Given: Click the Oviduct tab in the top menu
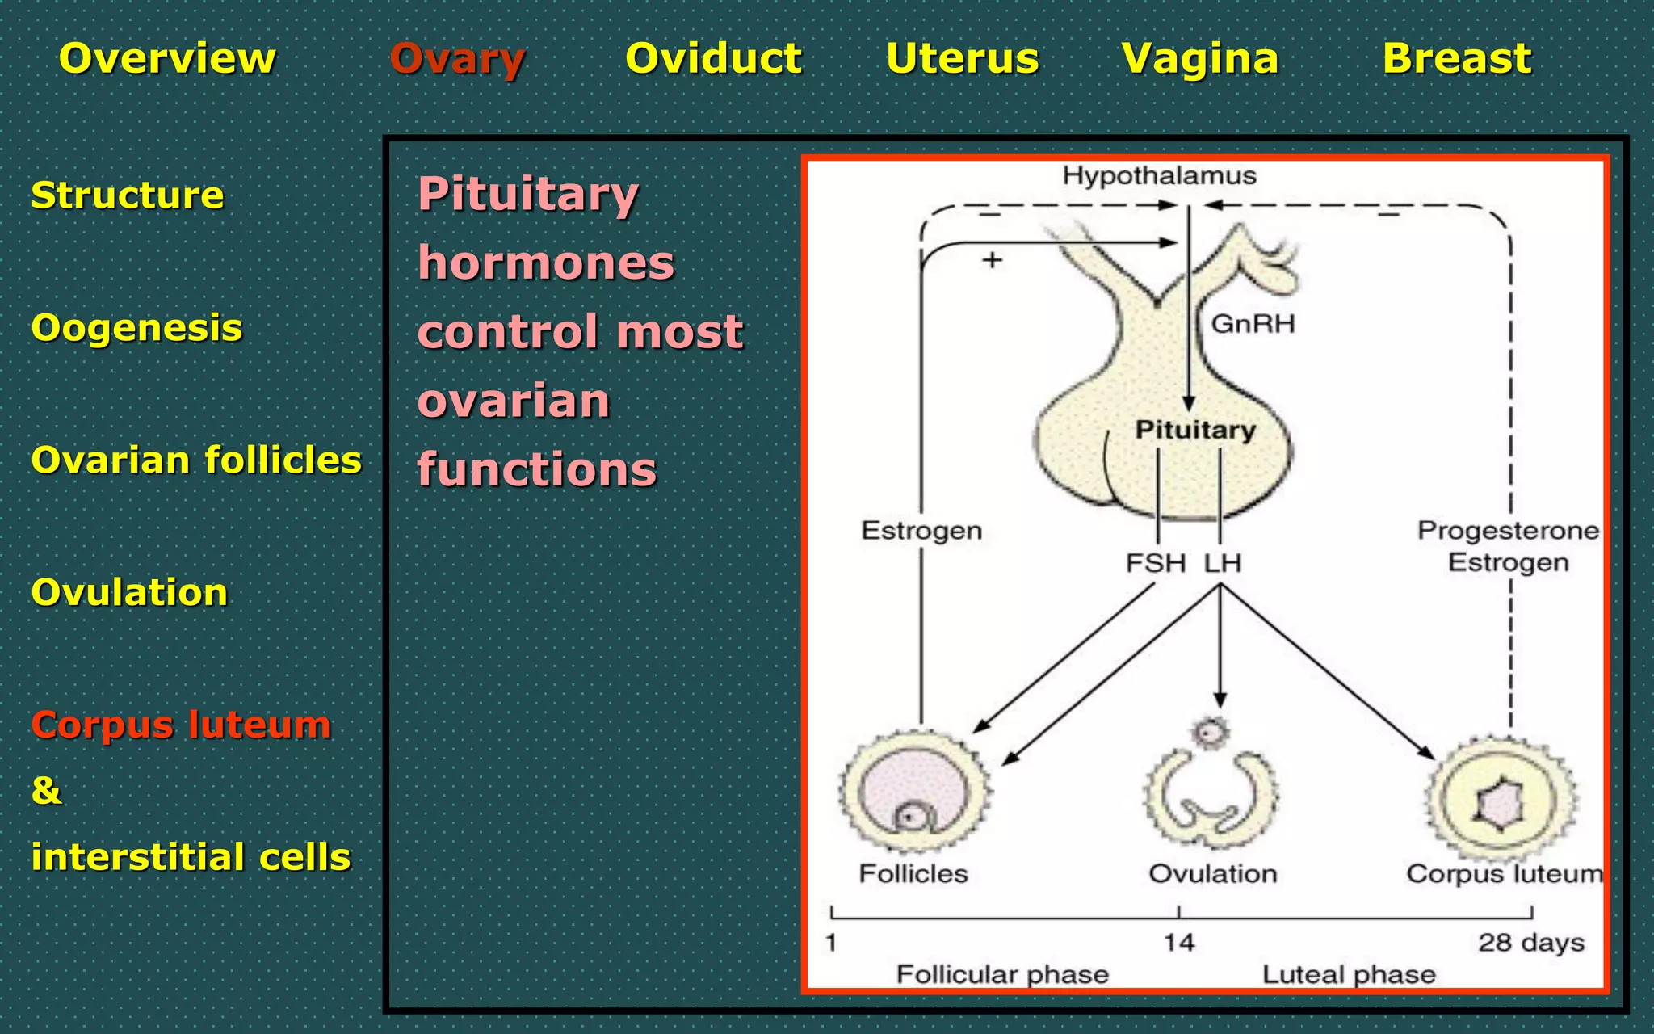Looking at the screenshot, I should [x=713, y=59].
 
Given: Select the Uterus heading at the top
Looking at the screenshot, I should [x=962, y=59].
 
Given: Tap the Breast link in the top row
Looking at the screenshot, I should [x=1456, y=59].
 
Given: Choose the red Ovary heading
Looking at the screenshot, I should [x=457, y=59].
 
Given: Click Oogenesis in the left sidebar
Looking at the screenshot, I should [x=136, y=328].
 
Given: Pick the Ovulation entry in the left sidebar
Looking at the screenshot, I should [x=129, y=592].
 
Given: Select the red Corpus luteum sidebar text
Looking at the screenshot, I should [x=181, y=725].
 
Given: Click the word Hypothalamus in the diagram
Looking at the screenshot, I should [x=1159, y=175].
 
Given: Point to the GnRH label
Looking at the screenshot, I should [x=1253, y=324].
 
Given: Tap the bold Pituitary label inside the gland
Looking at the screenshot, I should [x=1195, y=430].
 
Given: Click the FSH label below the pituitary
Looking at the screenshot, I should [x=1156, y=563].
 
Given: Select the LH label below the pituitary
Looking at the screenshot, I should [x=1222, y=563].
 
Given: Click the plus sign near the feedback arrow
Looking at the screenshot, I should [x=992, y=260].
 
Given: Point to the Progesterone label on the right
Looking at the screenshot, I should [x=1507, y=531].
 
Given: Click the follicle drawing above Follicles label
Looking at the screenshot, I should [x=915, y=792].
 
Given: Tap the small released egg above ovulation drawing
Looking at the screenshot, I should [x=1209, y=733].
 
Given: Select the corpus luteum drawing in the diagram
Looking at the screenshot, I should [x=1501, y=800].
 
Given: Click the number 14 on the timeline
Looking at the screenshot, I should [x=1178, y=943].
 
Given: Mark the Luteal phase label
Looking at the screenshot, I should [x=1349, y=975].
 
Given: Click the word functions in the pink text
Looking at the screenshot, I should [x=537, y=470].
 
